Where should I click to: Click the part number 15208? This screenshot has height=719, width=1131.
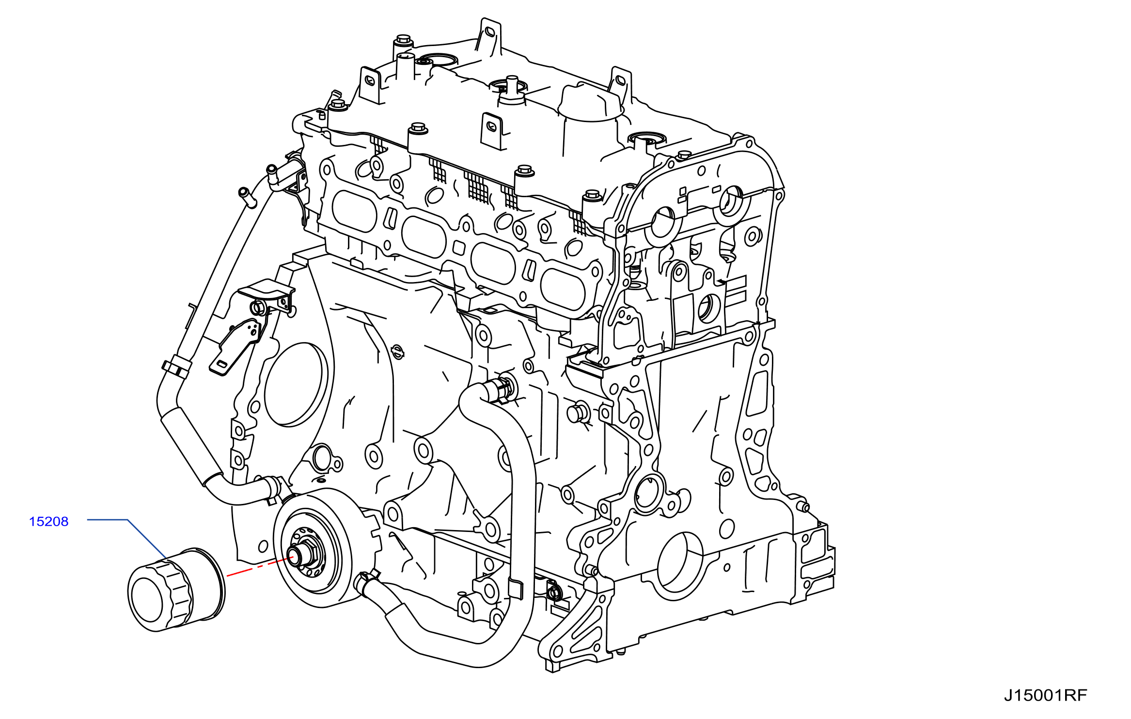click(x=48, y=522)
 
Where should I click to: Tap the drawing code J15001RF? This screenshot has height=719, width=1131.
click(x=1045, y=696)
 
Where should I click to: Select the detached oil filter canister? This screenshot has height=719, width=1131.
click(x=176, y=590)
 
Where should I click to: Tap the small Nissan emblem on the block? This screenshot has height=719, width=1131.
click(x=397, y=352)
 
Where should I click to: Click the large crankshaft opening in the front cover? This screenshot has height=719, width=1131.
click(x=679, y=565)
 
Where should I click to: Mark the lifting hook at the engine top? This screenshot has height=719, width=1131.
click(x=489, y=37)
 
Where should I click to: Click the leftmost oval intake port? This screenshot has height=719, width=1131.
click(x=354, y=212)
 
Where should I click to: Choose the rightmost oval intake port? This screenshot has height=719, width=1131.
click(x=563, y=289)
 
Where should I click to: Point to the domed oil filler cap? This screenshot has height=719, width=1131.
click(x=590, y=103)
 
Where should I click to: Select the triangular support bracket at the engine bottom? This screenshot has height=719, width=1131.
click(x=577, y=630)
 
